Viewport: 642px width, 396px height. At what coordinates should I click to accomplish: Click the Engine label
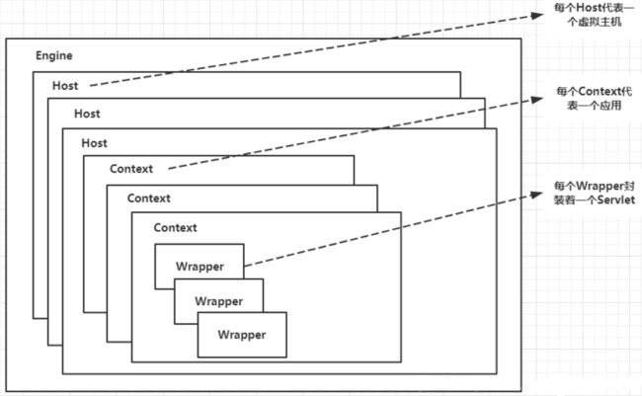[54, 55]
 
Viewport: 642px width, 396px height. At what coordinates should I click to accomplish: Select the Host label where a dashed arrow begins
[65, 86]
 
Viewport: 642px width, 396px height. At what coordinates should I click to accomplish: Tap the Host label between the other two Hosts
[87, 114]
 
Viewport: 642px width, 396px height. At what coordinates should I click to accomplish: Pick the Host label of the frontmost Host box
[94, 143]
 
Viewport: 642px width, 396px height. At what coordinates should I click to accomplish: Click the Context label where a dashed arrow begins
[131, 169]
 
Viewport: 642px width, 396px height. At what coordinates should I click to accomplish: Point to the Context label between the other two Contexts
[148, 198]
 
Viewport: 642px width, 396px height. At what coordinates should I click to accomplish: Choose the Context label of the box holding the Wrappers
[175, 228]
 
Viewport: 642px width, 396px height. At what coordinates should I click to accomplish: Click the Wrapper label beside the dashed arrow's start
[200, 267]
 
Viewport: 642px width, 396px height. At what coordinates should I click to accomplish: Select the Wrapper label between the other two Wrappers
[218, 301]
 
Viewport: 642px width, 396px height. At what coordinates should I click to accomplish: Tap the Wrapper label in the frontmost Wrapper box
[242, 335]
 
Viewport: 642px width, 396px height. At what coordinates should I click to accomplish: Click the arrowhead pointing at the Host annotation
[537, 15]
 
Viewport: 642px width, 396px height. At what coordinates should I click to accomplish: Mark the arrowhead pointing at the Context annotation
[537, 99]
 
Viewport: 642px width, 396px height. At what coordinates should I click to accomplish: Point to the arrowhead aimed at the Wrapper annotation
[536, 195]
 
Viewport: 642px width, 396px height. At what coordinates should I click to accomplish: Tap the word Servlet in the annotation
[616, 199]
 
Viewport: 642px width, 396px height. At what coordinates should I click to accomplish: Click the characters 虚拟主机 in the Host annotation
[600, 22]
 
